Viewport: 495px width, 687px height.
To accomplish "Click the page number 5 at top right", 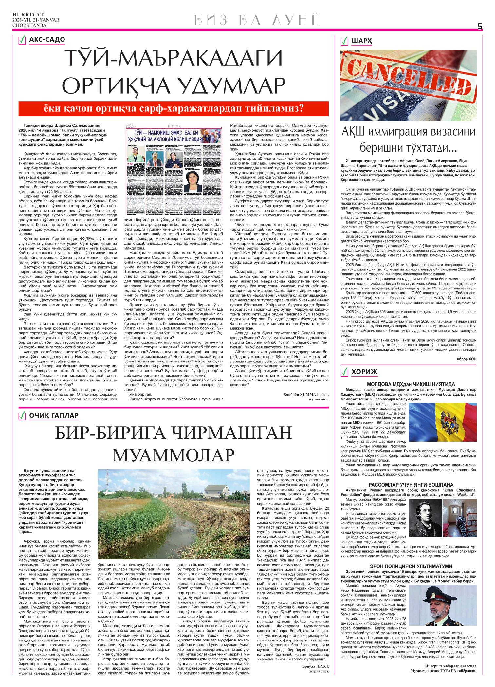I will tap(480, 27).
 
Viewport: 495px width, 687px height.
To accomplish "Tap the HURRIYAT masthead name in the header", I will tap(24, 14).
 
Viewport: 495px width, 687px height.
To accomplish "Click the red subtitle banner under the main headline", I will tap(174, 108).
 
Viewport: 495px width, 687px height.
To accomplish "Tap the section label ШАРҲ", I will tap(362, 41).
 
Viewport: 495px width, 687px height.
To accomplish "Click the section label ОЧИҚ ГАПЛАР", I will tap(54, 415).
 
